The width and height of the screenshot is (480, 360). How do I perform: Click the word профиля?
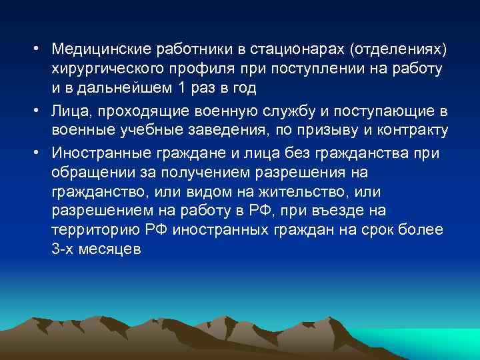click(209, 70)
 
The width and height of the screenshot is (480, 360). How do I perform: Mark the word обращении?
click(91, 173)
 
